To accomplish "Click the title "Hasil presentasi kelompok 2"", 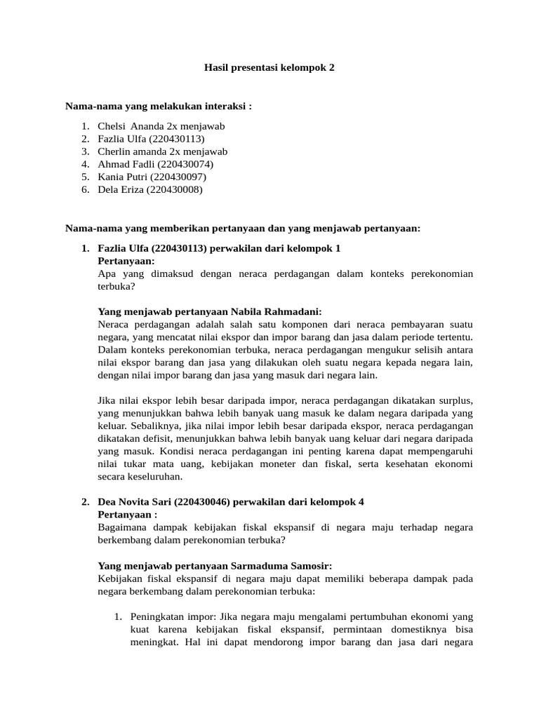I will tap(269, 68).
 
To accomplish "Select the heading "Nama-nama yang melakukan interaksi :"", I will tap(158, 106).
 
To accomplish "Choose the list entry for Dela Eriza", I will tap(150, 189).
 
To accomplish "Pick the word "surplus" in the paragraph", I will tap(455, 400).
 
